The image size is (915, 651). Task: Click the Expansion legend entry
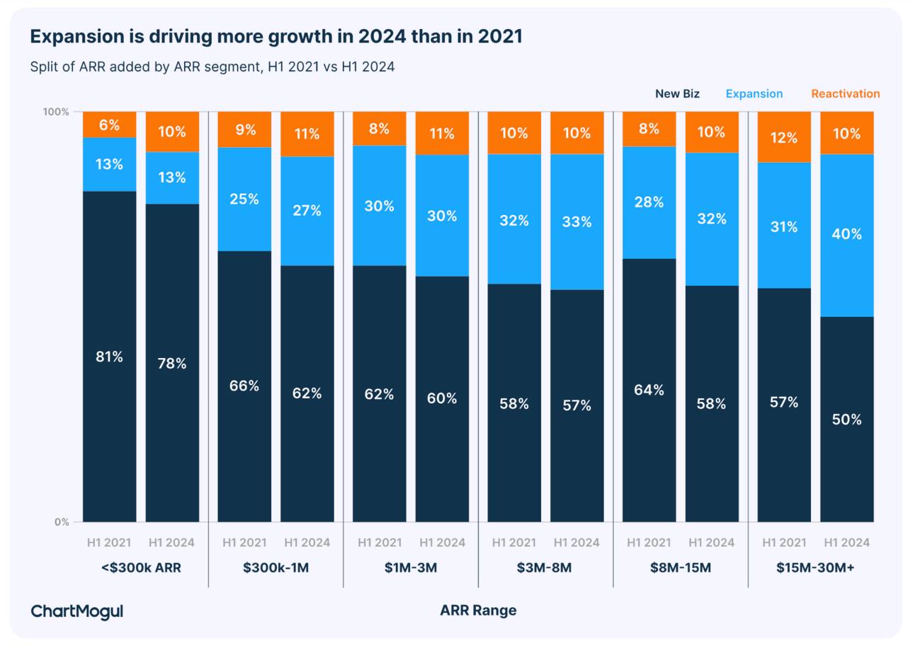pos(754,93)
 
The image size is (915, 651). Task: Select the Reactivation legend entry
pos(845,93)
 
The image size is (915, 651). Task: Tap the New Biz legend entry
pos(677,93)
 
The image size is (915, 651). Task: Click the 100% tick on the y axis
pos(57,112)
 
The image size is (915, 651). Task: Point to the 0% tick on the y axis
pos(62,522)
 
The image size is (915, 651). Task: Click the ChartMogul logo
pos(77,611)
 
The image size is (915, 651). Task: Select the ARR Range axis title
pos(478,611)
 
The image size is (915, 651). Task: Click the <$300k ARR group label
pos(141,568)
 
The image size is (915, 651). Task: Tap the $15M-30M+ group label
pos(815,568)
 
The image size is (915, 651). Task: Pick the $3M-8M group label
pos(545,568)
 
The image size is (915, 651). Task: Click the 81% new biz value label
pos(110,357)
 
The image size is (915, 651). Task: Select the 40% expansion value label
pos(847,234)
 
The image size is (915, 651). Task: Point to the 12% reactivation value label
pos(784,138)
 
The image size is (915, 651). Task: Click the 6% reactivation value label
pos(110,125)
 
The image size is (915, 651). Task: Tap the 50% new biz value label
pos(847,420)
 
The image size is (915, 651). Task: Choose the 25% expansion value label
pos(244,199)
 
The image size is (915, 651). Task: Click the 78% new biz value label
pos(172,364)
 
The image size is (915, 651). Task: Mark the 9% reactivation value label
pos(244,130)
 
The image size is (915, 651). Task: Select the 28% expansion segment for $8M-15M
pos(649,202)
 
